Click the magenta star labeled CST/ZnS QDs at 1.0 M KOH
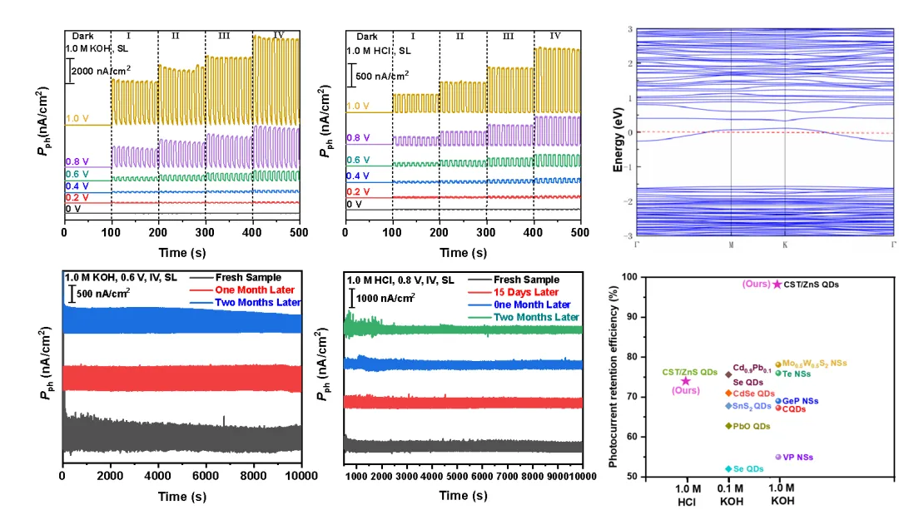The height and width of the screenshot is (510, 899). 777,285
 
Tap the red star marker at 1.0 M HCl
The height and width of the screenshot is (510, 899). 686,381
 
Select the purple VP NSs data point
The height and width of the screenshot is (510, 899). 778,457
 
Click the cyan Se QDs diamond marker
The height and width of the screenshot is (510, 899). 728,469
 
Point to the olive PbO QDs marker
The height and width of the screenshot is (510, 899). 728,426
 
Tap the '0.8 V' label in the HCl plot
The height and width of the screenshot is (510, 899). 358,138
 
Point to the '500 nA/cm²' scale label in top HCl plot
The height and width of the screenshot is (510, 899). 382,75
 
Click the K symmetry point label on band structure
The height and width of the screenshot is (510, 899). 785,245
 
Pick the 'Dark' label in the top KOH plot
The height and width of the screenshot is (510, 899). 83,37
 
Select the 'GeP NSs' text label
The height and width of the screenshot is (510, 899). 802,401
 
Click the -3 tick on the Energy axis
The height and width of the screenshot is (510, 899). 630,236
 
